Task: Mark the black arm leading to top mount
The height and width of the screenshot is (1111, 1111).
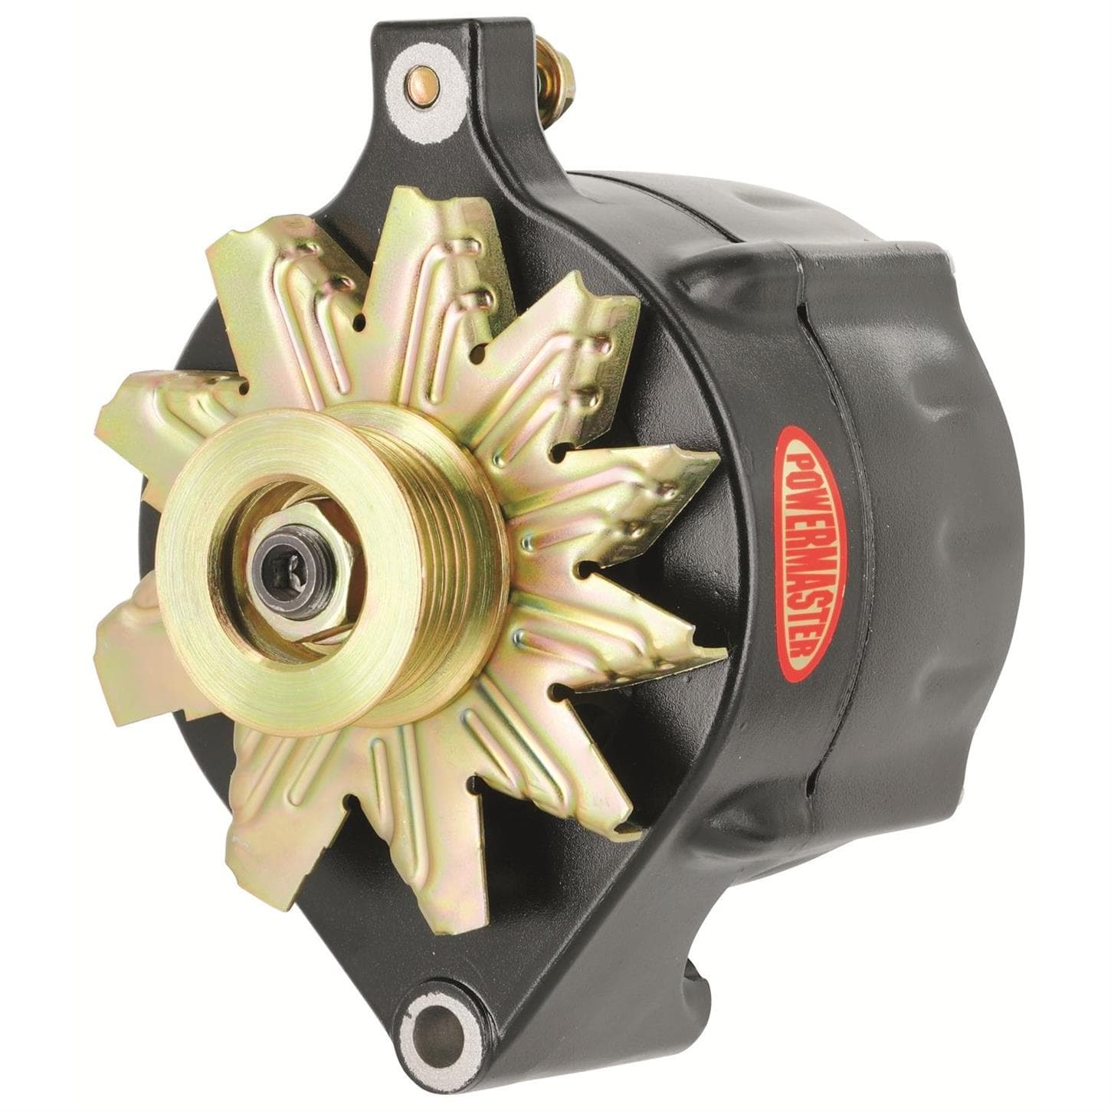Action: point(490,153)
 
